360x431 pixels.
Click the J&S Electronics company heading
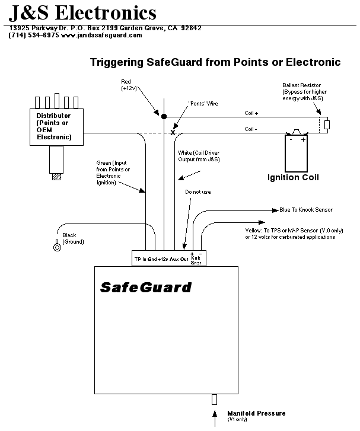point(83,12)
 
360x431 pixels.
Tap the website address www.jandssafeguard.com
point(101,35)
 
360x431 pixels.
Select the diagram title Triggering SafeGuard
point(215,62)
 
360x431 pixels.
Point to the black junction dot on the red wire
point(164,116)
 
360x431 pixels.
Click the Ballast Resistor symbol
point(327,125)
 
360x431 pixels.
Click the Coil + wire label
point(251,113)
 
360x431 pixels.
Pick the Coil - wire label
point(251,129)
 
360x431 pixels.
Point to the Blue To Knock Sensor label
point(305,210)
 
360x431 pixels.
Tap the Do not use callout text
point(197,192)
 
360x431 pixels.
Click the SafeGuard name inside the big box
point(145,288)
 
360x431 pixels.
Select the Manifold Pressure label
point(256,413)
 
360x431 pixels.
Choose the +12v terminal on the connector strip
point(163,258)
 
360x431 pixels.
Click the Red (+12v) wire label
point(129,85)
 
